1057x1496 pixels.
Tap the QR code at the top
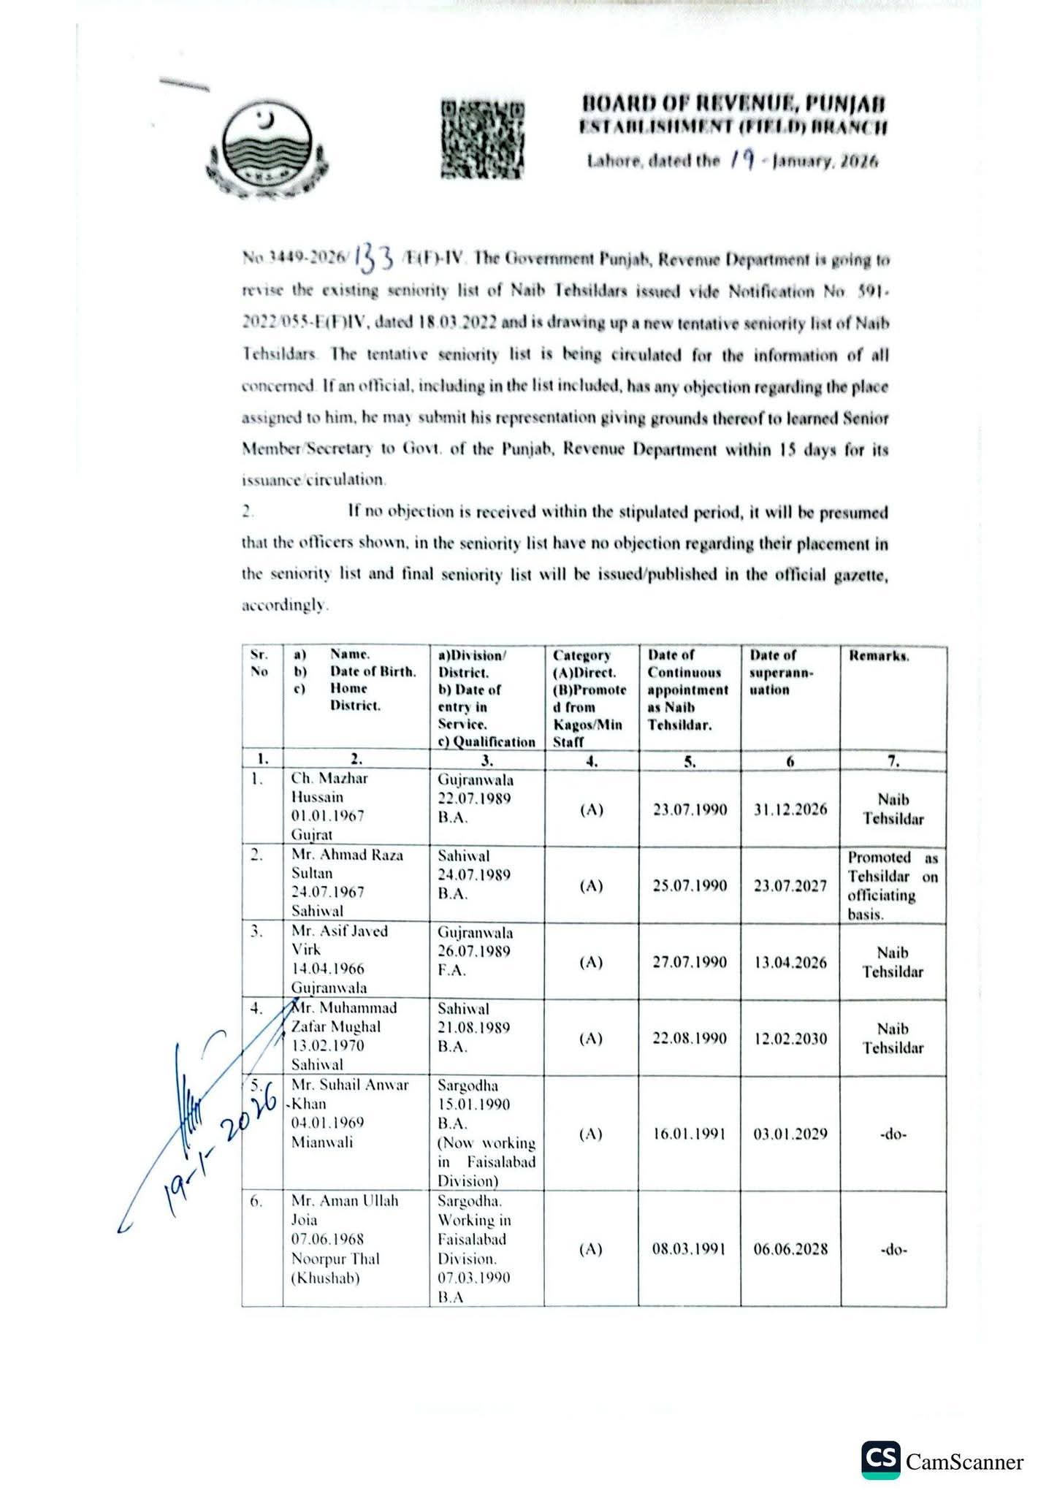point(483,138)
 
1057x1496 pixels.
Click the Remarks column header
point(879,656)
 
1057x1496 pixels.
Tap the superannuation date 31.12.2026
point(790,809)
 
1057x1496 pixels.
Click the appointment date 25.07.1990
point(690,885)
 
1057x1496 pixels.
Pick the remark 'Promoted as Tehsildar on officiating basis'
point(893,885)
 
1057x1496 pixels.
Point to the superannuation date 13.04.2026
point(790,962)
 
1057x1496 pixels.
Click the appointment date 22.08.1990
point(690,1038)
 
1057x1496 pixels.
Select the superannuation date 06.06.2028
point(790,1248)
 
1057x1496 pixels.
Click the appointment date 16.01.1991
point(690,1134)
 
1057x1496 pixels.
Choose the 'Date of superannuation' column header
point(782,672)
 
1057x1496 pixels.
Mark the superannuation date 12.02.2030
point(790,1038)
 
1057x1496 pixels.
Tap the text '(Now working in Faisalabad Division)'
point(486,1161)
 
